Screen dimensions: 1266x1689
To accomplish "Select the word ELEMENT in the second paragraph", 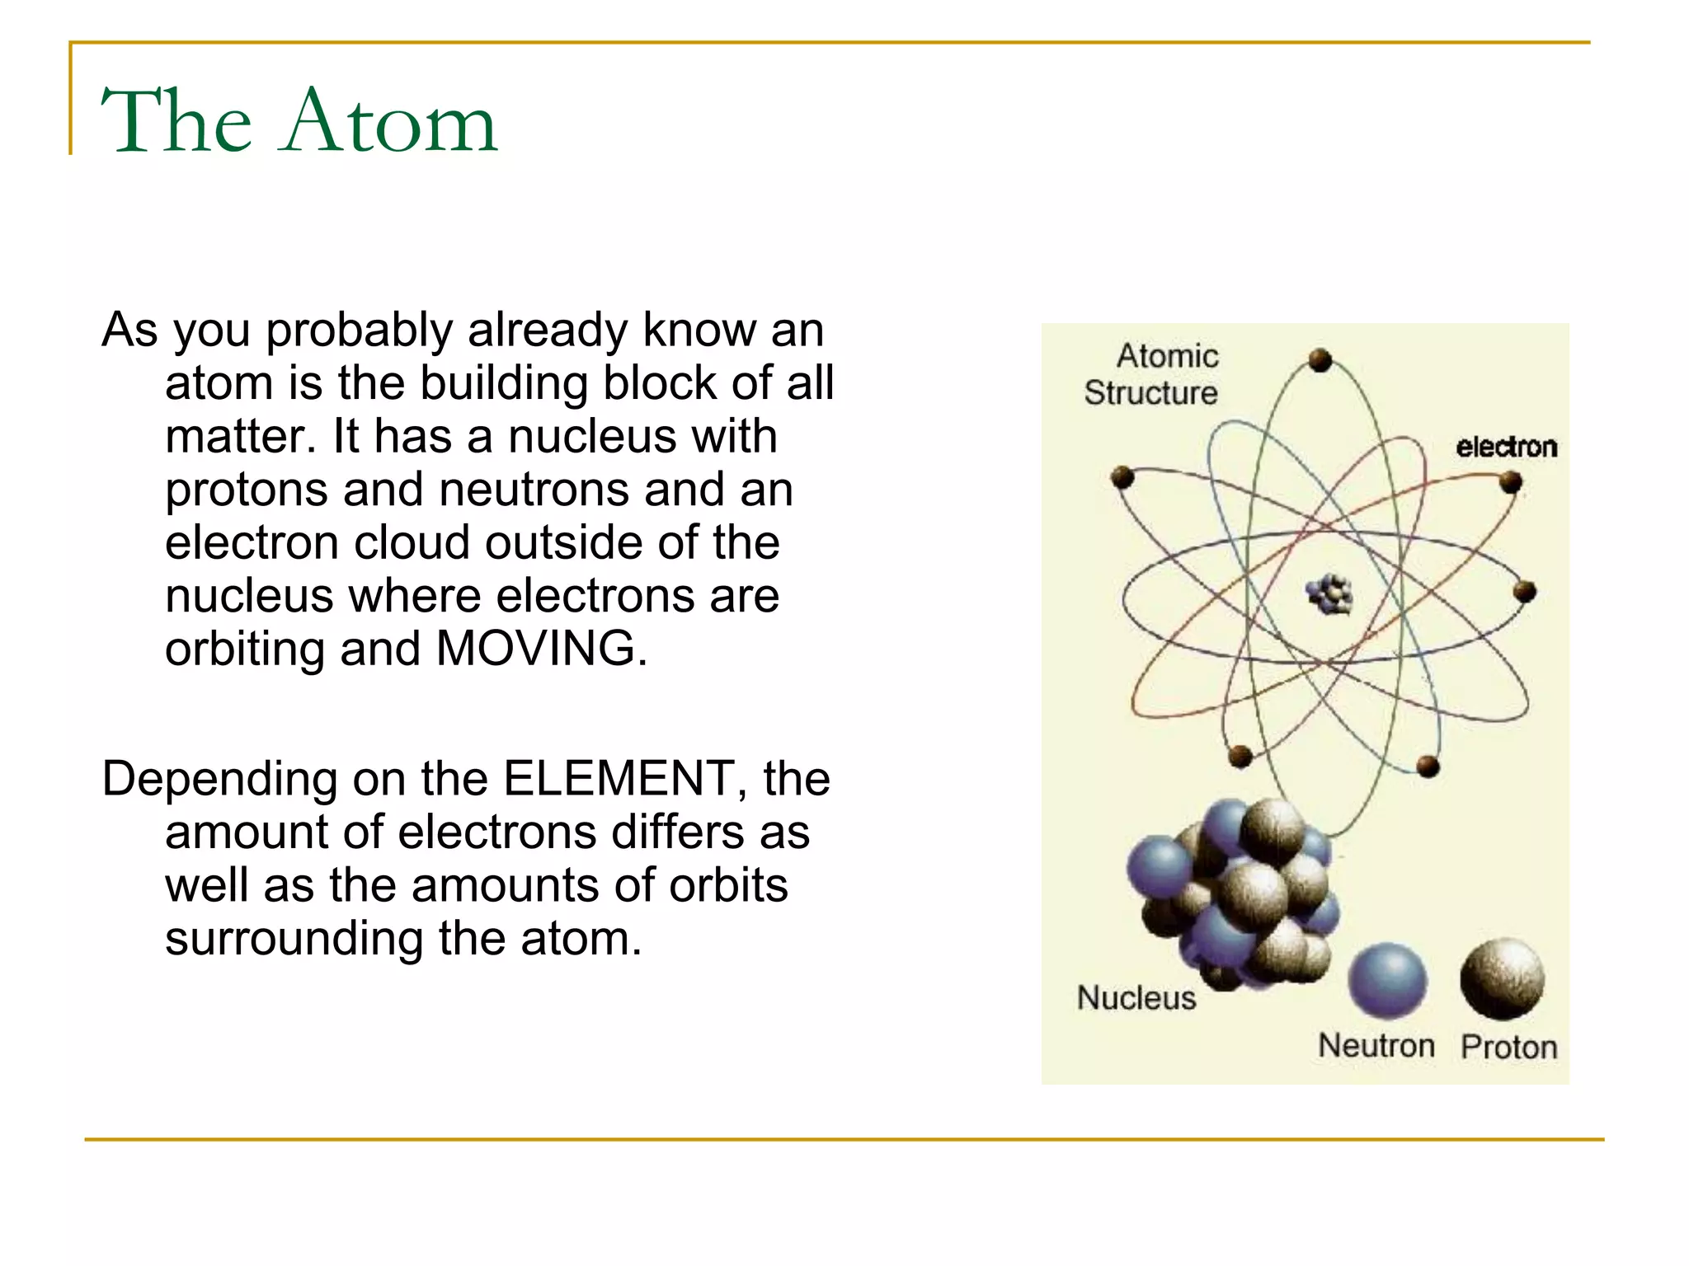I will point(619,778).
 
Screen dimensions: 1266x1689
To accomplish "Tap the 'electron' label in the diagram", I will point(1506,447).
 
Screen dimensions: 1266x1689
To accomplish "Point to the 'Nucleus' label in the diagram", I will point(1136,998).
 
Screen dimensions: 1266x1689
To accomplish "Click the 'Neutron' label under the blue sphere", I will point(1376,1045).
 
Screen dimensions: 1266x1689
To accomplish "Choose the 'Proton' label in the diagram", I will point(1508,1047).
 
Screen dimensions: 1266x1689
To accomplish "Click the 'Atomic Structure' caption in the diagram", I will point(1152,375).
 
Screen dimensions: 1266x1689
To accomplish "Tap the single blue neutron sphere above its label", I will point(1387,980).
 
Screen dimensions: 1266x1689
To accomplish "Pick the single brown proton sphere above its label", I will point(1502,978).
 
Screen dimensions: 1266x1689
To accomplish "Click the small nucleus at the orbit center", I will point(1329,593).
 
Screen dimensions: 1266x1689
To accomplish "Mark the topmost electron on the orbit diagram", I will point(1320,360).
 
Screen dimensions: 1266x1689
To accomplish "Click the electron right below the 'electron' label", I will point(1510,481).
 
